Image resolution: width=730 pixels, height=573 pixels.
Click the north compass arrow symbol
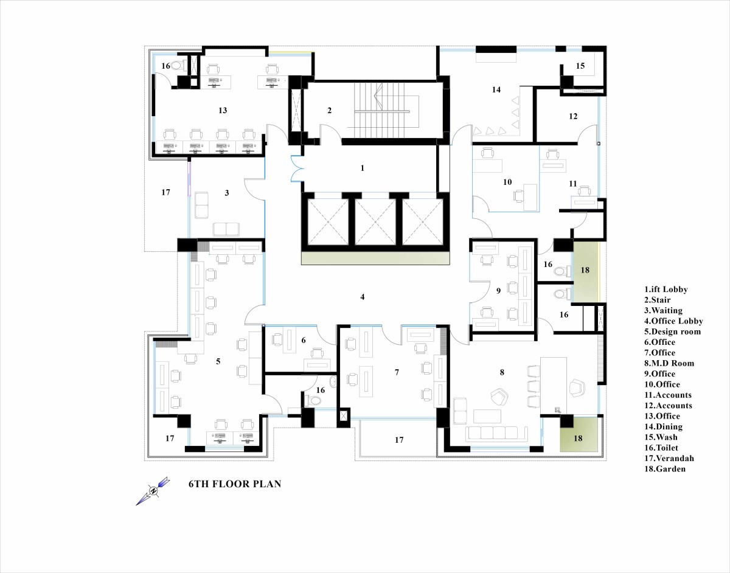153,491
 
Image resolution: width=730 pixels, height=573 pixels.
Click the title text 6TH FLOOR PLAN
235,484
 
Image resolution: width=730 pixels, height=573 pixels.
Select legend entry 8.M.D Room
669,363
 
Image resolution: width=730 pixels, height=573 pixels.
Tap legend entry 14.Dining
664,427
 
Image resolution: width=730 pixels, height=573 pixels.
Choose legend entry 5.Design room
673,332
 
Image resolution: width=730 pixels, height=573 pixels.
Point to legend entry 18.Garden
665,469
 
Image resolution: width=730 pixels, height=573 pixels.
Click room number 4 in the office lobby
362,297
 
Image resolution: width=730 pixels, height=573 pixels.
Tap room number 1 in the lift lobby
362,168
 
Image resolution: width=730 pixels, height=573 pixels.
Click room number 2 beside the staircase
329,111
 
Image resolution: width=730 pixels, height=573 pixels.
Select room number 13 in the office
223,111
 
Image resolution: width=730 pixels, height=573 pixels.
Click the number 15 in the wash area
580,66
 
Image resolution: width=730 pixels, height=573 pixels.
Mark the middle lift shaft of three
375,222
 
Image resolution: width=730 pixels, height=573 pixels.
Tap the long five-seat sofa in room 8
496,434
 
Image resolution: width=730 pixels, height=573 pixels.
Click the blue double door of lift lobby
297,169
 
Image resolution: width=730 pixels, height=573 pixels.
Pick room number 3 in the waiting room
227,193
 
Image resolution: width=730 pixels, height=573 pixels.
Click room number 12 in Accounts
573,116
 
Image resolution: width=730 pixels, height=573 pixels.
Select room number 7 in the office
397,372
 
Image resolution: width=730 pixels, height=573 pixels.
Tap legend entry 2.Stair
658,300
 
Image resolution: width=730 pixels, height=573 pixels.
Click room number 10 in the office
507,182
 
